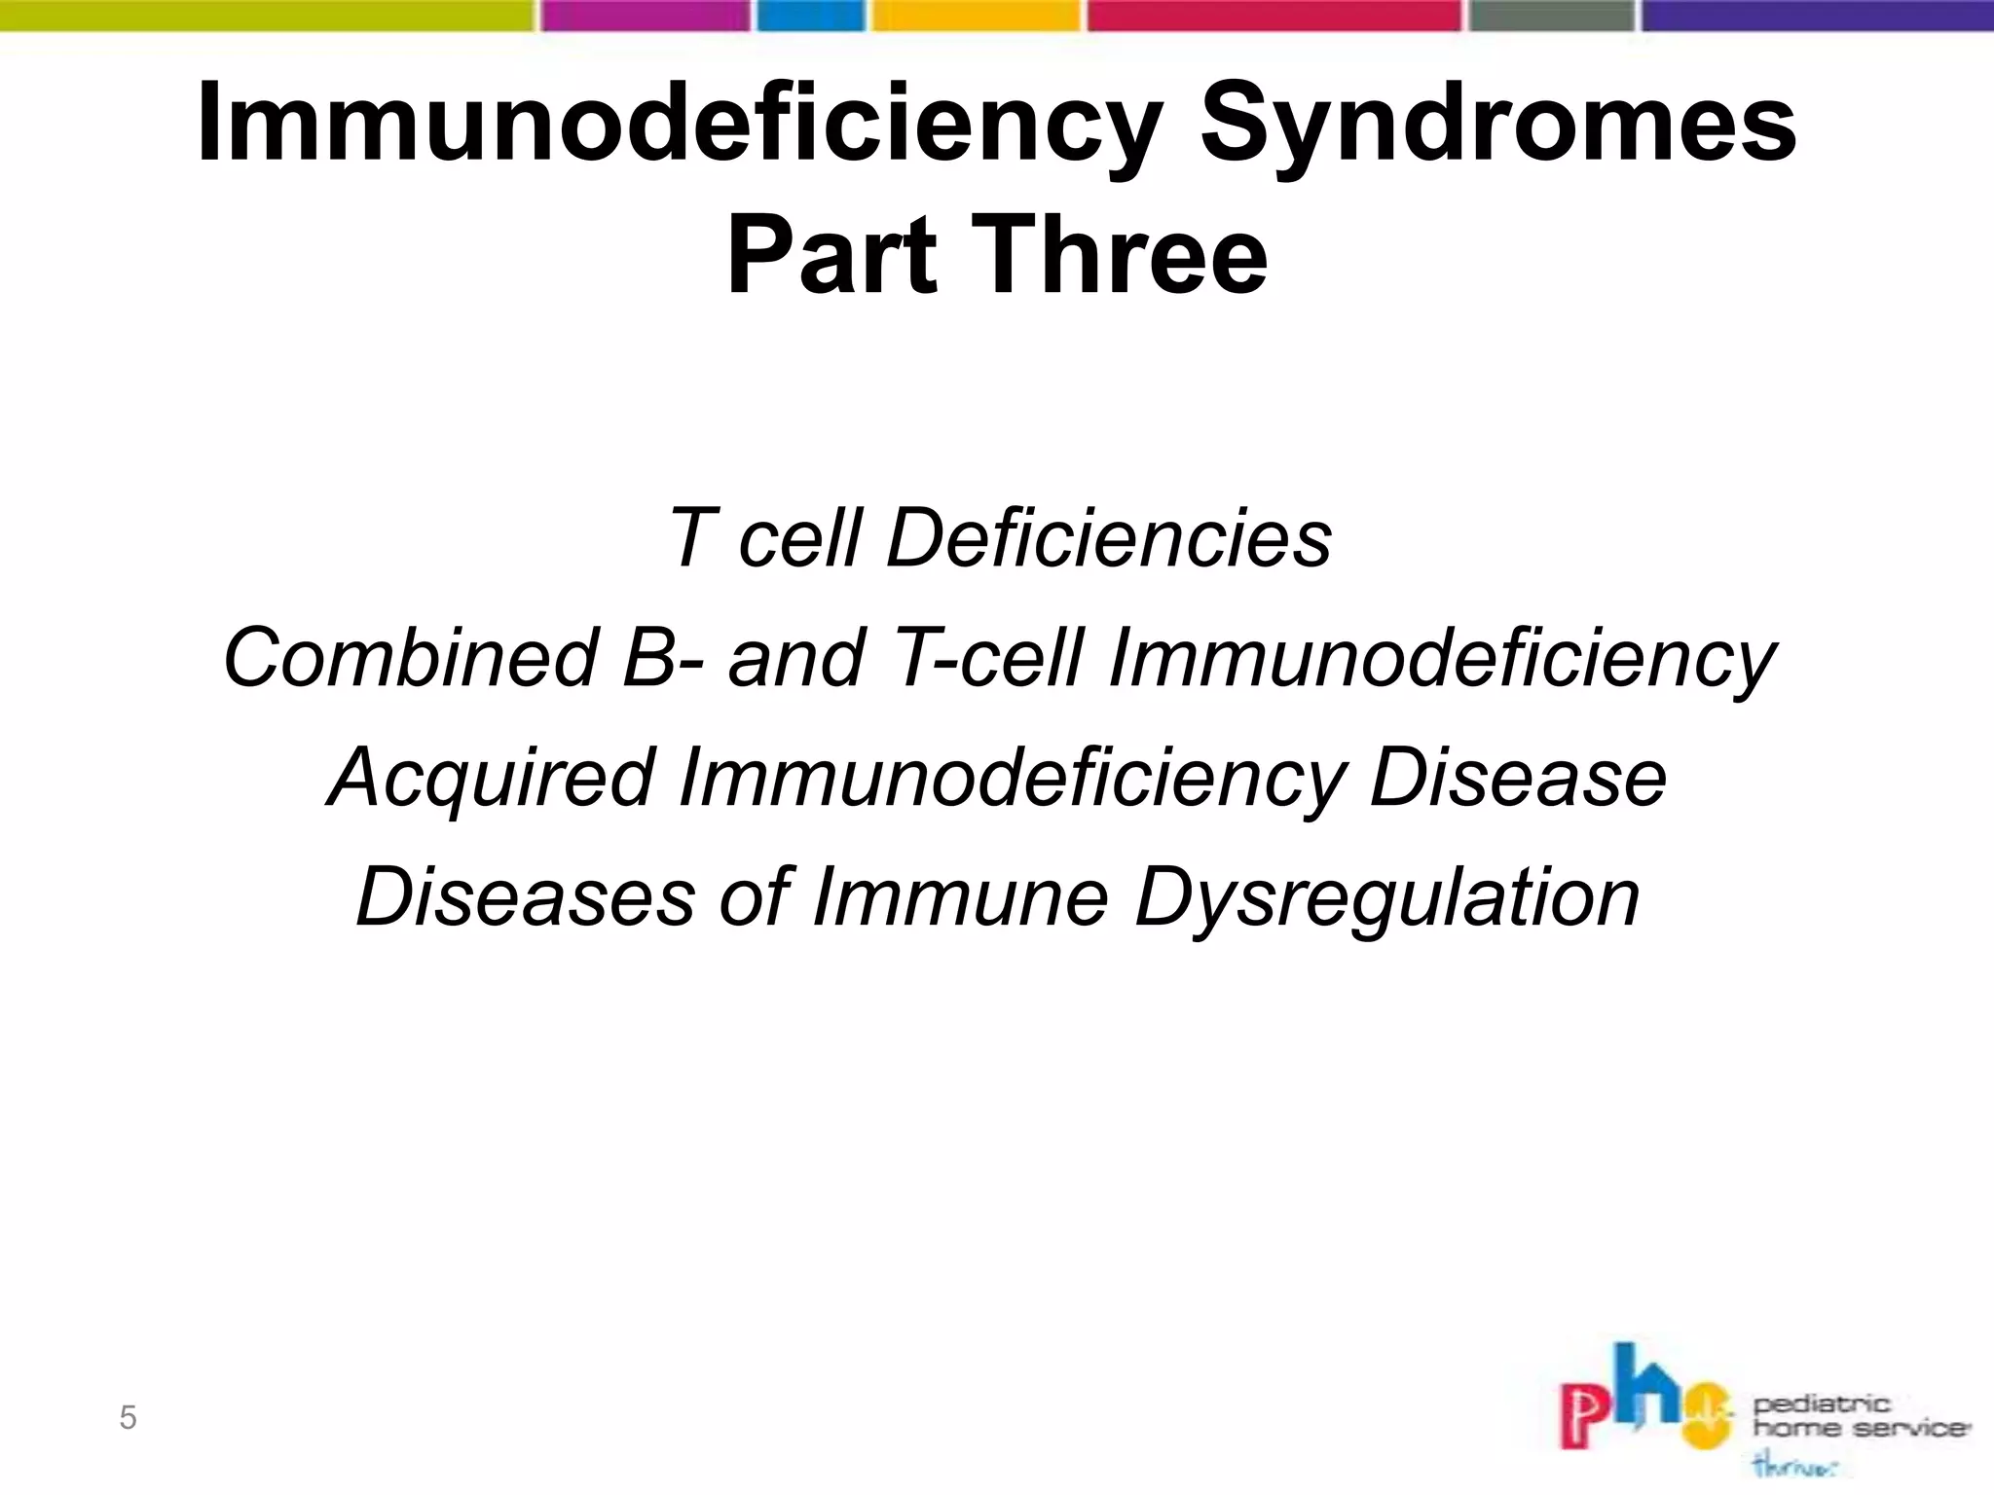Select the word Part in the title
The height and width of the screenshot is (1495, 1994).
(x=831, y=256)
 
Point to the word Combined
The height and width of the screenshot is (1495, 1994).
(x=410, y=657)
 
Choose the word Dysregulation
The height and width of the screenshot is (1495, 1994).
(x=1387, y=897)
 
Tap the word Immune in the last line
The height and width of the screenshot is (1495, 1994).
(x=960, y=897)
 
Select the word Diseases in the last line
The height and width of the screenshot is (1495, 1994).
(x=526, y=897)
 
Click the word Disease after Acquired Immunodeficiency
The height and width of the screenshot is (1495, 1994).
(x=1517, y=778)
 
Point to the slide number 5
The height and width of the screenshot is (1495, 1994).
(x=128, y=1418)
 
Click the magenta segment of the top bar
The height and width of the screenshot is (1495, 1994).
(x=646, y=15)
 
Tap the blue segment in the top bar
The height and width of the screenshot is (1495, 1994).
(x=811, y=15)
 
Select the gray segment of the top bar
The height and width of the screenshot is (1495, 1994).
(x=1551, y=15)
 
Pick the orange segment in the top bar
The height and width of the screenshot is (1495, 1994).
(x=977, y=15)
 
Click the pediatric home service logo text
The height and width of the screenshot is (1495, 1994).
(x=1860, y=1416)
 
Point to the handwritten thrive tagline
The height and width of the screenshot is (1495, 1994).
(x=1794, y=1466)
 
